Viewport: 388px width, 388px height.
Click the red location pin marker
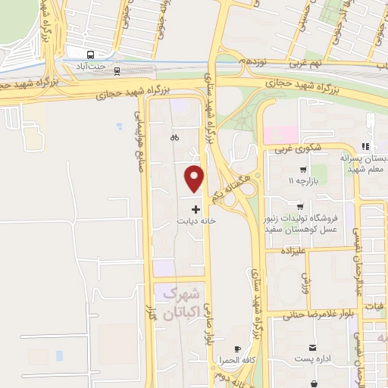tap(196, 177)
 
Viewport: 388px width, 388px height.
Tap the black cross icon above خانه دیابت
tap(196, 208)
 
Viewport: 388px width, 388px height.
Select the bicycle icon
tap(175, 138)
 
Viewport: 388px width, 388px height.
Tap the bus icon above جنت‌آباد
tap(91, 55)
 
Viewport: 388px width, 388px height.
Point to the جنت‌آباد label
tap(92, 67)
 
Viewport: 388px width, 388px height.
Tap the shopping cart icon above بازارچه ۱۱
tap(303, 170)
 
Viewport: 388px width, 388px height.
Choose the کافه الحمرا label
tap(238, 361)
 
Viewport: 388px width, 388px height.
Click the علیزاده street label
tap(293, 250)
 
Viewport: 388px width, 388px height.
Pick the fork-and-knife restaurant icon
tap(365, 145)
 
